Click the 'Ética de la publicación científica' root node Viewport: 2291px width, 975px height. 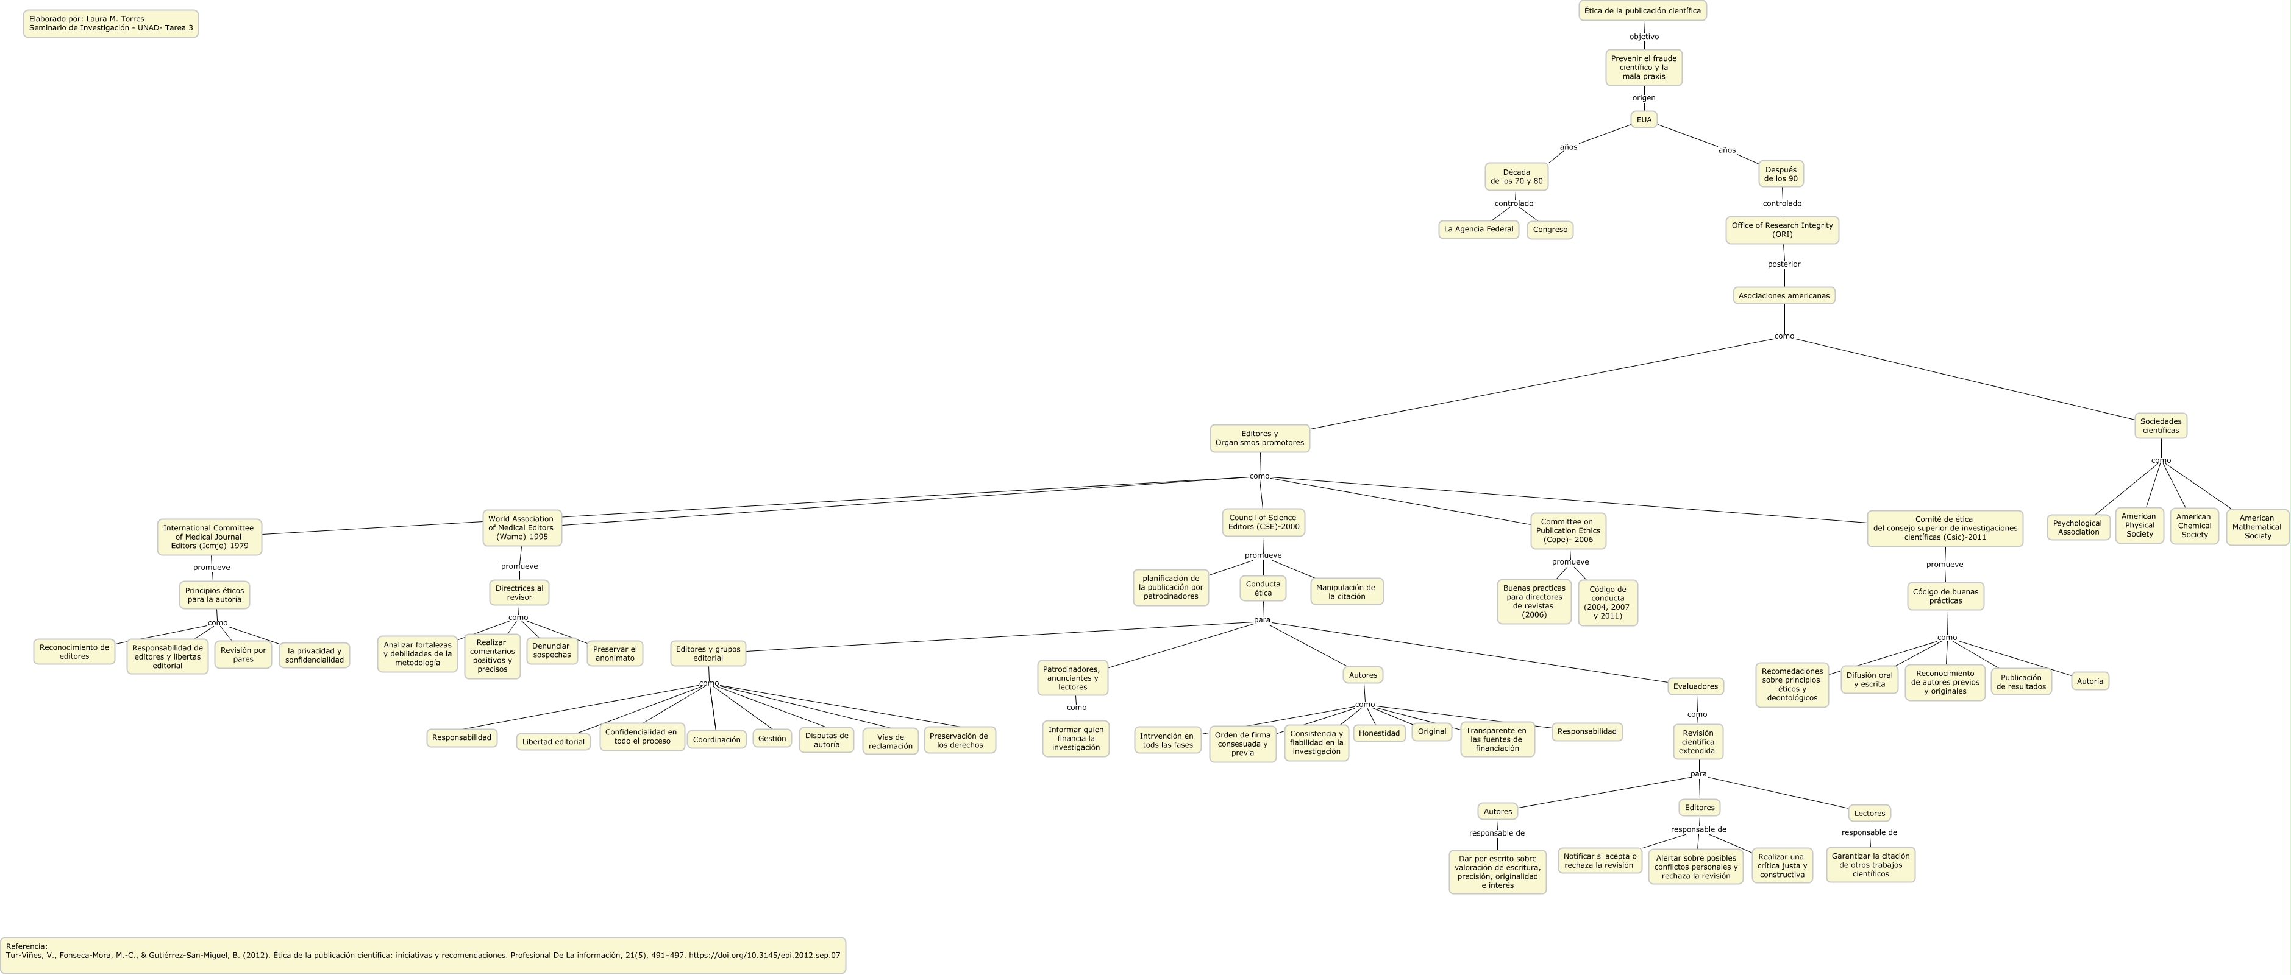[1642, 11]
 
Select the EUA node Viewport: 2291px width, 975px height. [1644, 119]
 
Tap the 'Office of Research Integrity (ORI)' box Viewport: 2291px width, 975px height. [1781, 230]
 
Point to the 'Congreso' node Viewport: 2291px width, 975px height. [1550, 230]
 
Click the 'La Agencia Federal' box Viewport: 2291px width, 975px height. [1478, 230]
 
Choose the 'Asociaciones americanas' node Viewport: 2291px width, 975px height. [1784, 296]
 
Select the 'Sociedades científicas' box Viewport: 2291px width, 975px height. [2161, 426]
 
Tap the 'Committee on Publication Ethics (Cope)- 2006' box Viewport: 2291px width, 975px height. [1568, 530]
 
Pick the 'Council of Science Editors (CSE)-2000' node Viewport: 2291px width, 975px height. [1263, 523]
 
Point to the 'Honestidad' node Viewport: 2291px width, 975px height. [1380, 733]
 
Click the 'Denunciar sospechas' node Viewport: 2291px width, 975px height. [551, 650]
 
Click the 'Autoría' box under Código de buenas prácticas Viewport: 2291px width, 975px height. [2089, 681]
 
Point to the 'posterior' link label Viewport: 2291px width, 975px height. [1783, 264]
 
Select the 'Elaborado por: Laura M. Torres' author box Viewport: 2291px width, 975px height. [110, 24]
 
